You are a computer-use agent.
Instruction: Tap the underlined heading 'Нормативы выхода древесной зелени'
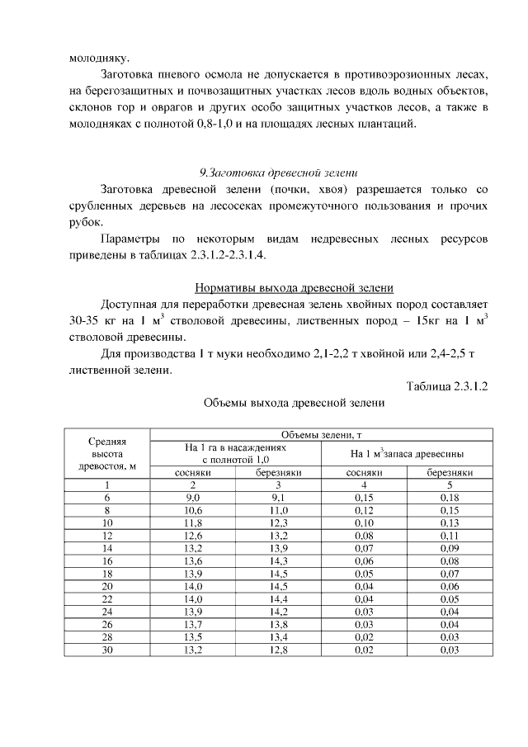[x=294, y=288]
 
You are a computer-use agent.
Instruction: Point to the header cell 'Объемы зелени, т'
[x=322, y=435]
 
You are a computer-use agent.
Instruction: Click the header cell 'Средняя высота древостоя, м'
[x=107, y=453]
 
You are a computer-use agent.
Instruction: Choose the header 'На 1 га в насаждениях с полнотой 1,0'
[x=236, y=452]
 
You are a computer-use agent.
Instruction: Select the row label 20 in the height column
[x=107, y=584]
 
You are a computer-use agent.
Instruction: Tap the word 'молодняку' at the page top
[x=92, y=59]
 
